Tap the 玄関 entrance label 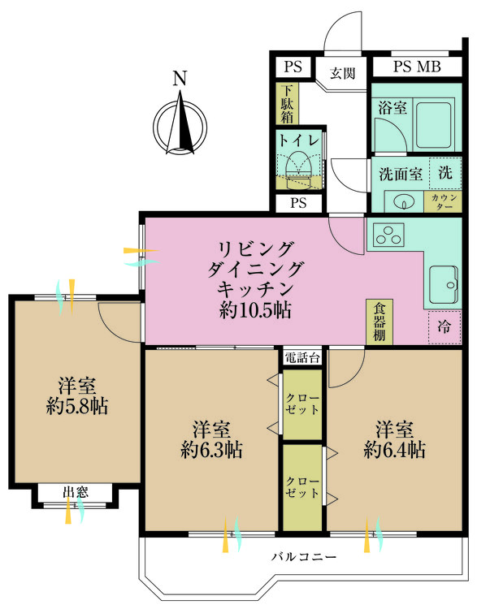[343, 72]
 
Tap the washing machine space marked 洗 [444, 172]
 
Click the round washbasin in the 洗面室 [399, 201]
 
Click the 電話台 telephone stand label [303, 357]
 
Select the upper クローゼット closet [303, 403]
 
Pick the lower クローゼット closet [303, 486]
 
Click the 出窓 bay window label [77, 491]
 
